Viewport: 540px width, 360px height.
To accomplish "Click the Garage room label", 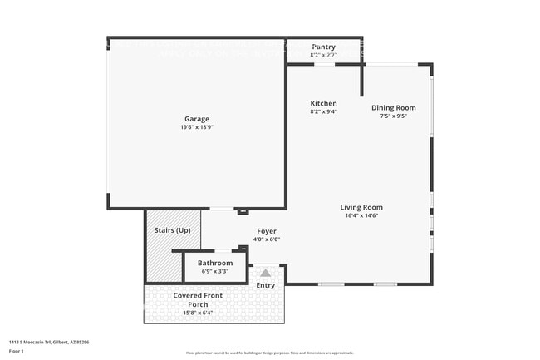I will pyautogui.click(x=197, y=119).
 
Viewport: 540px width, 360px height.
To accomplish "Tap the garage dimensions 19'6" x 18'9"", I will pyautogui.click(x=197, y=127).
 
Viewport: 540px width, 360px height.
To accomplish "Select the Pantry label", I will pyautogui.click(x=323, y=47).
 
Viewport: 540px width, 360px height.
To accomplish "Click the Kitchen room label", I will pyautogui.click(x=323, y=103).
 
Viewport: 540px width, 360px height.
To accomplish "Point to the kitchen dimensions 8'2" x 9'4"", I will pyautogui.click(x=323, y=111).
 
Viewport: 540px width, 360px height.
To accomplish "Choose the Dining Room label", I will pyautogui.click(x=393, y=107).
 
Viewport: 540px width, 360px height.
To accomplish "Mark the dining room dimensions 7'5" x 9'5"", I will pyautogui.click(x=393, y=116).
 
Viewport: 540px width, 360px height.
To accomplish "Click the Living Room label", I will pyautogui.click(x=361, y=207).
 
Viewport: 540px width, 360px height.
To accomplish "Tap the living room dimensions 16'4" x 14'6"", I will pyautogui.click(x=361, y=215).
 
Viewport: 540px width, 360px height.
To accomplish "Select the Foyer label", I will pyautogui.click(x=266, y=231).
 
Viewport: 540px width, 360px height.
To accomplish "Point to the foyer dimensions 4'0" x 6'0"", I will pyautogui.click(x=266, y=239).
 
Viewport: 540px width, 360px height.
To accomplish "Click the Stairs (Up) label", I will pyautogui.click(x=173, y=229).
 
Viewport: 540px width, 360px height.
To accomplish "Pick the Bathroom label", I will pyautogui.click(x=214, y=263).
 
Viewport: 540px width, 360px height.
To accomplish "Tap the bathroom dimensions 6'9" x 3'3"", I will pyautogui.click(x=214, y=271).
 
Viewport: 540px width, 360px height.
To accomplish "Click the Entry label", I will pyautogui.click(x=265, y=285).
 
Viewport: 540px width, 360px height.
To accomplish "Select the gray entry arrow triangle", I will pyautogui.click(x=265, y=273).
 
